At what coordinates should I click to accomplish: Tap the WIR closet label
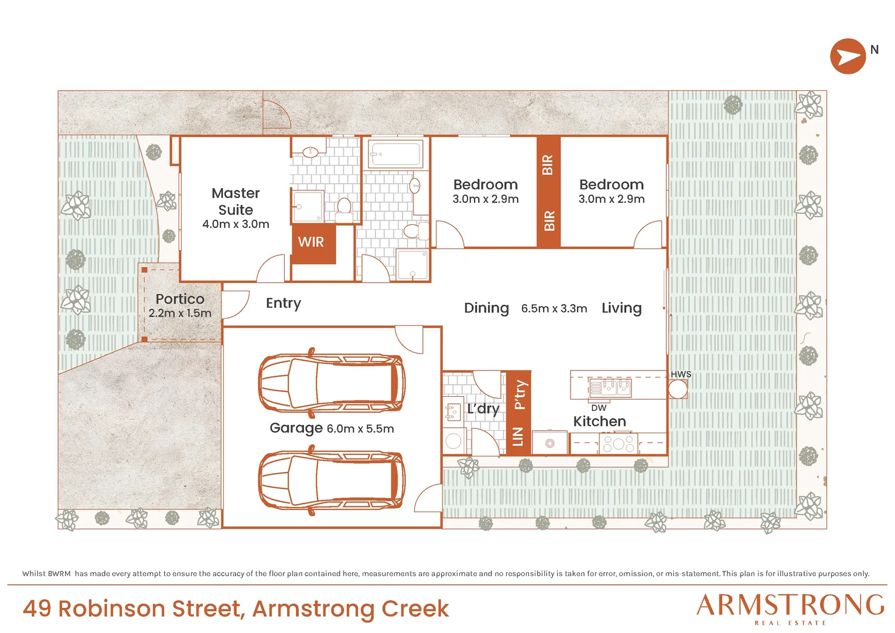point(311,242)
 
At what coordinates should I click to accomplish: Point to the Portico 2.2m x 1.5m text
point(180,305)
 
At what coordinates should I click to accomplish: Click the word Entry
point(283,304)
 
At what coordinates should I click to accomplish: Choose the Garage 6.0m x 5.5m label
point(332,428)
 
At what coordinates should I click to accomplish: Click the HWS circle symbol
point(678,389)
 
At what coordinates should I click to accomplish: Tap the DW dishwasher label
point(599,408)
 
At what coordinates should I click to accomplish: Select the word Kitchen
point(599,421)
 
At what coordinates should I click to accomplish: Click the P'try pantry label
point(520,395)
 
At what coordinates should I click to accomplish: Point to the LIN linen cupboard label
point(518,437)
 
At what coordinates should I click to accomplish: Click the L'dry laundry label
point(483,409)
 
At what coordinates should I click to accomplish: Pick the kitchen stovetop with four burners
point(618,443)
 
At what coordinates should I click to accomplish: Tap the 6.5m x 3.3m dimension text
point(554,309)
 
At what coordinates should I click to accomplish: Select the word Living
point(621,308)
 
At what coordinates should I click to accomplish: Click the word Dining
point(486,308)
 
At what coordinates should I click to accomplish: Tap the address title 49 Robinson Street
point(132,608)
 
